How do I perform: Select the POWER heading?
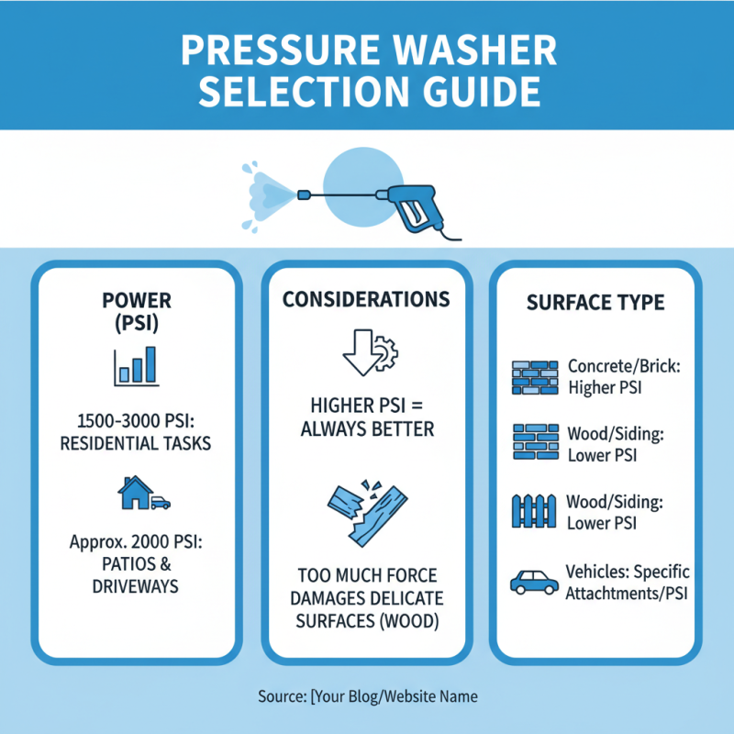coord(138,300)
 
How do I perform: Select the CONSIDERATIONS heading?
coord(366,300)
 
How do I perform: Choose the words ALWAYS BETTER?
coord(366,428)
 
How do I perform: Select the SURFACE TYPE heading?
coord(595,302)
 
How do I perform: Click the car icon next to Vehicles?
coord(532,582)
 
